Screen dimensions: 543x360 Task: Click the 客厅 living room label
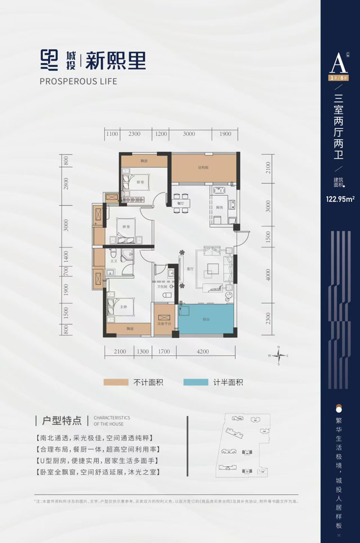coord(189,269)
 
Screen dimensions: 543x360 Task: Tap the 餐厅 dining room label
coord(177,203)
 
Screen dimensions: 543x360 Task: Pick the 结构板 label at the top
coord(203,167)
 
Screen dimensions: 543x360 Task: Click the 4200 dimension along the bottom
coord(203,351)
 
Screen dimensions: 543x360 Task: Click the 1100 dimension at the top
coord(112,134)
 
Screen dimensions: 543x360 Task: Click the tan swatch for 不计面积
coord(116,382)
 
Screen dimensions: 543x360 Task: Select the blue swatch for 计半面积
coord(196,382)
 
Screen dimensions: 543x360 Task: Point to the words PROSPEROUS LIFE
coord(78,81)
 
